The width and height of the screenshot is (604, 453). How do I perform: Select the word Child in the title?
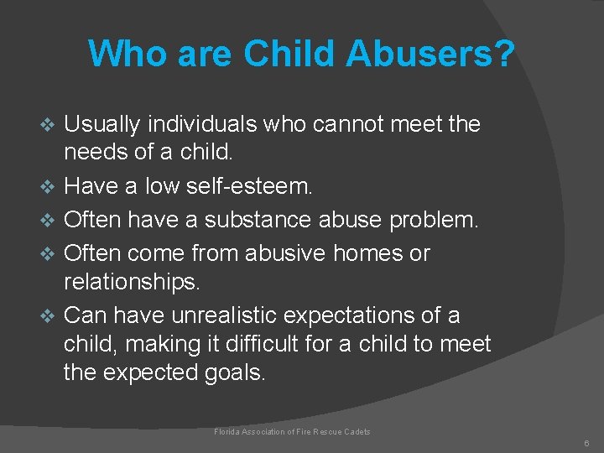288,54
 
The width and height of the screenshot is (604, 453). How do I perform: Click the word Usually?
102,124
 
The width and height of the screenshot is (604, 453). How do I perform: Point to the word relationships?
132,282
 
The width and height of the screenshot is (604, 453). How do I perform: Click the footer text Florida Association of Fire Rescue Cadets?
292,432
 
